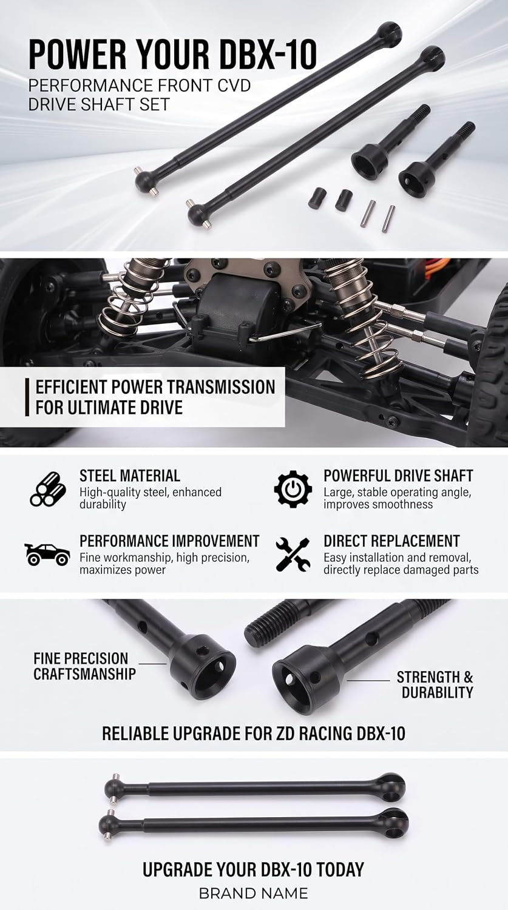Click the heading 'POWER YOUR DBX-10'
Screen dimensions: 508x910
(x=172, y=55)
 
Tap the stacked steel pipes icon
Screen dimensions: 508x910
(x=48, y=489)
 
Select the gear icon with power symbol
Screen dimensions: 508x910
(x=293, y=489)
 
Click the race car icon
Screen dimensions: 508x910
(x=47, y=554)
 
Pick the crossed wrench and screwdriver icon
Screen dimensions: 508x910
(x=293, y=554)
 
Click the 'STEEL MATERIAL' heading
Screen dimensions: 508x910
(x=130, y=476)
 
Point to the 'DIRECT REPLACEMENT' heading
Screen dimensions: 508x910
(x=391, y=541)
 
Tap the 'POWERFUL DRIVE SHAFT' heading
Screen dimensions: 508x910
(x=398, y=476)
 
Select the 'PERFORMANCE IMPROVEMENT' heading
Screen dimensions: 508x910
(x=169, y=541)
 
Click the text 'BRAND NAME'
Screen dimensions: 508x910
(x=254, y=894)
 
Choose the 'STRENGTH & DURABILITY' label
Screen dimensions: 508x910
(x=435, y=684)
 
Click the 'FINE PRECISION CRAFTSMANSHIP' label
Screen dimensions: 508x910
(x=84, y=666)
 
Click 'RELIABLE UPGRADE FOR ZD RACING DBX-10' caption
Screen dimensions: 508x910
(x=254, y=733)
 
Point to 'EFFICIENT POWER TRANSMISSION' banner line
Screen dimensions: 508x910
(x=155, y=387)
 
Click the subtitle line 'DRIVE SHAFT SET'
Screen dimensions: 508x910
(x=99, y=105)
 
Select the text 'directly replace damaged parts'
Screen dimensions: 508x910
(x=401, y=570)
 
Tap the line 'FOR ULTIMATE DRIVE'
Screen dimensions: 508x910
(x=109, y=408)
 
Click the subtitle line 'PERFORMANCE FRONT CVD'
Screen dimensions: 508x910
(x=140, y=86)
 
